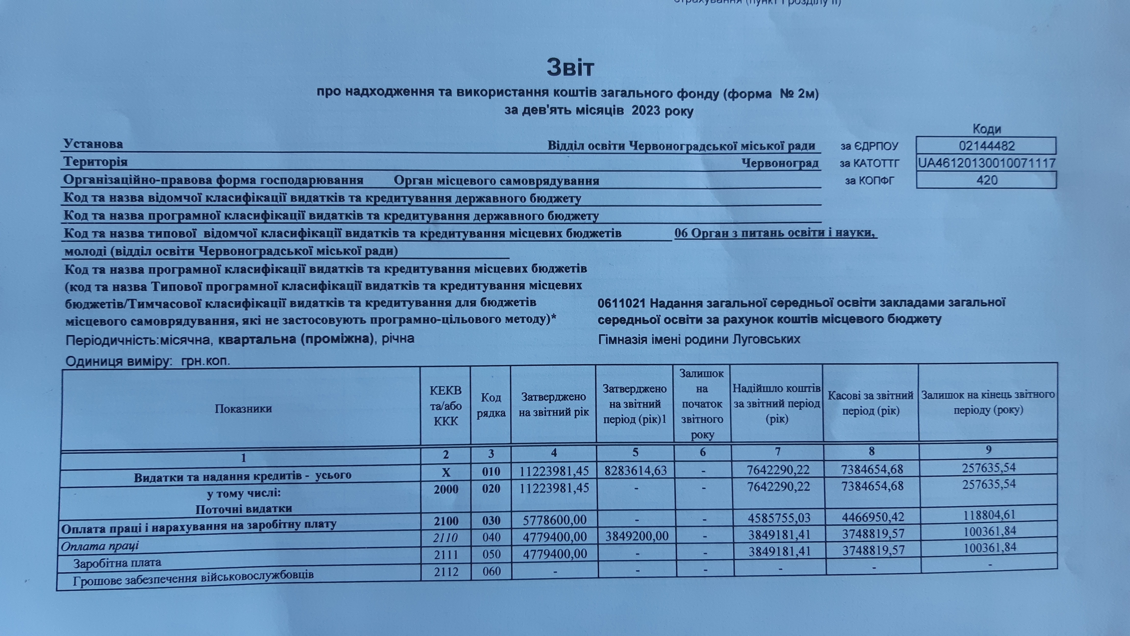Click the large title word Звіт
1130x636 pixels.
pyautogui.click(x=570, y=67)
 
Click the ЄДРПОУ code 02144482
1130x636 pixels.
pyautogui.click(x=987, y=146)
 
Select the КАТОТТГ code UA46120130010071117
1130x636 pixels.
pyautogui.click(x=987, y=163)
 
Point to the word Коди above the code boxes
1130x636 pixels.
pyautogui.click(x=987, y=129)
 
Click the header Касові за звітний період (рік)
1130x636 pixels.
pyautogui.click(x=871, y=403)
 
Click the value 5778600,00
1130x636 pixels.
pyautogui.click(x=554, y=520)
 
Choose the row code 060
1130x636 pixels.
pyautogui.click(x=491, y=571)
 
